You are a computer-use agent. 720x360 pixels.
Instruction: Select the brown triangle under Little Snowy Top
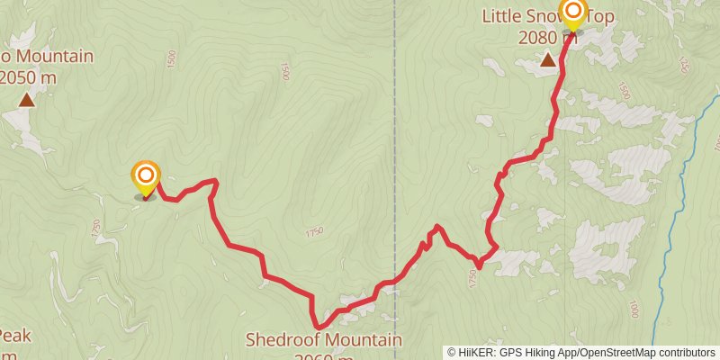(547, 60)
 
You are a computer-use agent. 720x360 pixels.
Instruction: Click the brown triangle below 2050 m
(27, 100)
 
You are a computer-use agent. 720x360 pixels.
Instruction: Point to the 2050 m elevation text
(27, 77)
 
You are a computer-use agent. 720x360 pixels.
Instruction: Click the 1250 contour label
(685, 64)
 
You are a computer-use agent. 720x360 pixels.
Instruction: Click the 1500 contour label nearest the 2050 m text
(171, 58)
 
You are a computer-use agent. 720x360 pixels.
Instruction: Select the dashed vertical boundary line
(395, 135)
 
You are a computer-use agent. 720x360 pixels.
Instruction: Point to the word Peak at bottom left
(14, 337)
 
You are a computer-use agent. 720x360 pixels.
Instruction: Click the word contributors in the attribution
(685, 353)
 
